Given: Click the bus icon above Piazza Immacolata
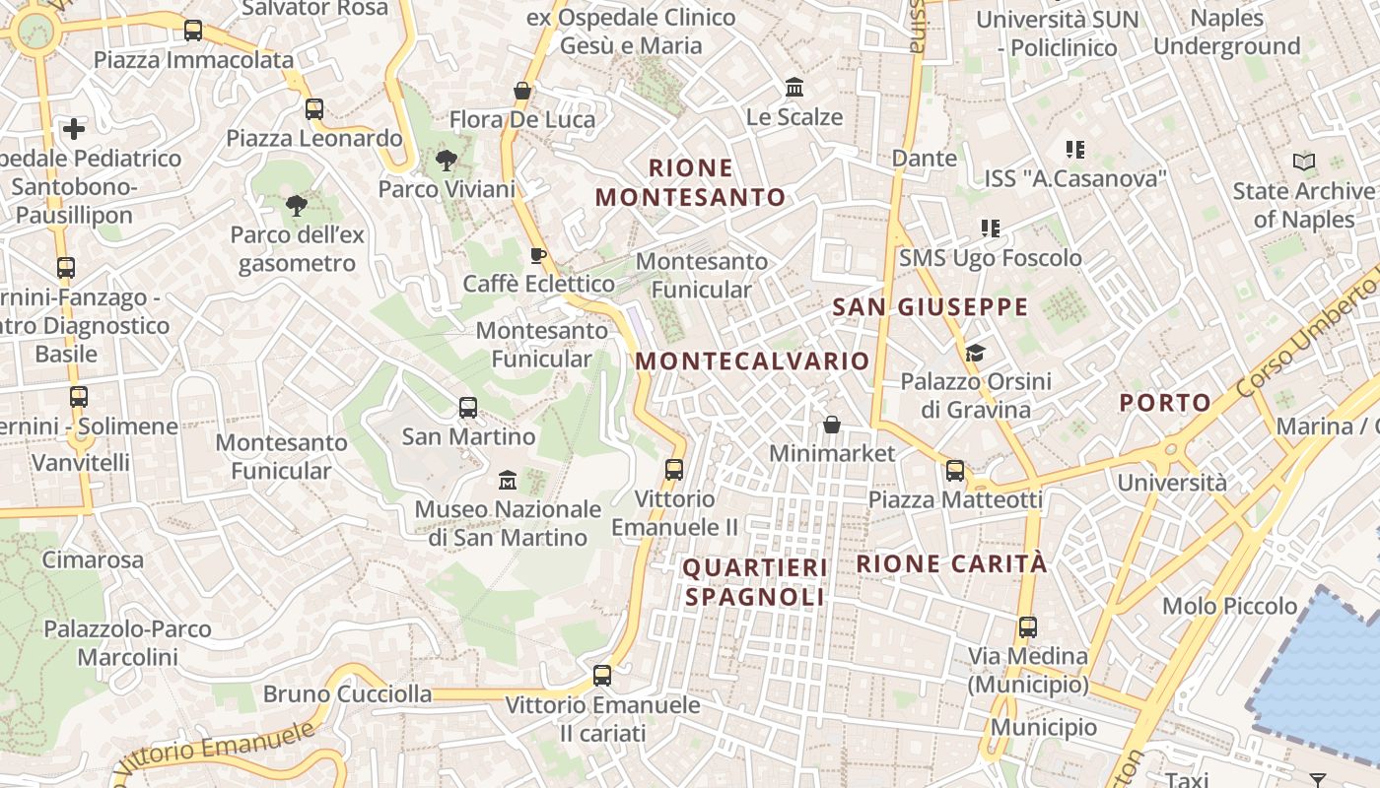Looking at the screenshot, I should tap(193, 31).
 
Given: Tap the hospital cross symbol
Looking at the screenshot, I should tap(74, 128).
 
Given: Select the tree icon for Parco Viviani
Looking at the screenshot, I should tap(447, 160).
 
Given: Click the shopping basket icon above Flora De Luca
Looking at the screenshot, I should tap(522, 91).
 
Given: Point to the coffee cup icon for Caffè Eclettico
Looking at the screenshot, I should tap(537, 256).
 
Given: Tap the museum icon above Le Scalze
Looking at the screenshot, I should tap(794, 88).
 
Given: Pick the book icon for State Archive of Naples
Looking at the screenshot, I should tap(1303, 162).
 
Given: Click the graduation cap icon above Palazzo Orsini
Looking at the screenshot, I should tap(975, 353).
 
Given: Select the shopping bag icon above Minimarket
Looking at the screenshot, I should tap(832, 425).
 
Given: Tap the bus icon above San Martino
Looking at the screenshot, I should tap(468, 407).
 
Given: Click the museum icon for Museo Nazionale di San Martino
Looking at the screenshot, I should tap(508, 480).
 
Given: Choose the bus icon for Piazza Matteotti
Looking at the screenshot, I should tap(954, 471).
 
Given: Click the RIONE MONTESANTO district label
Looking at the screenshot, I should tap(691, 182).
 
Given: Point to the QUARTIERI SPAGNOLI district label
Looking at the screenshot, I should tap(755, 582).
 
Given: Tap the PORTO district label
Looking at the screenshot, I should tap(1165, 402).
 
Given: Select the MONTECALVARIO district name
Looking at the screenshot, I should tap(752, 361).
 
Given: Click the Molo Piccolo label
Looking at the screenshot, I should tap(1230, 606).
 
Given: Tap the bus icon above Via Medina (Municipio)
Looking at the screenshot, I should tap(1027, 626).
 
